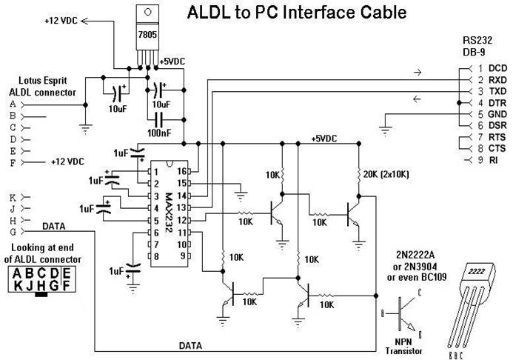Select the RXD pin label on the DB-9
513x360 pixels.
(497, 79)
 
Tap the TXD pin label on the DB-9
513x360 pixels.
(497, 90)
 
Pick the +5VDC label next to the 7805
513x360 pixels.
(175, 61)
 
